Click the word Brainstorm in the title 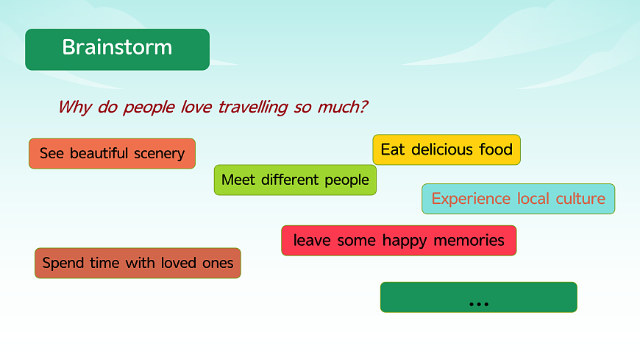[117, 47]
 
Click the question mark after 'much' [363, 107]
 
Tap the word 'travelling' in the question [253, 107]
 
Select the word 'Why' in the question [75, 107]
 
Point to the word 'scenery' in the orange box [159, 154]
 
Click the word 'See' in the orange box [51, 153]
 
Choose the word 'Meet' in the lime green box [238, 180]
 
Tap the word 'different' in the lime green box [290, 180]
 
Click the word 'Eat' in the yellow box [393, 149]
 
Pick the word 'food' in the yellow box [496, 149]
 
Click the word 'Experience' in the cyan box [471, 199]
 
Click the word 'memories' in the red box [469, 240]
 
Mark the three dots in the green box [479, 304]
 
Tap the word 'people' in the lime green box [347, 180]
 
